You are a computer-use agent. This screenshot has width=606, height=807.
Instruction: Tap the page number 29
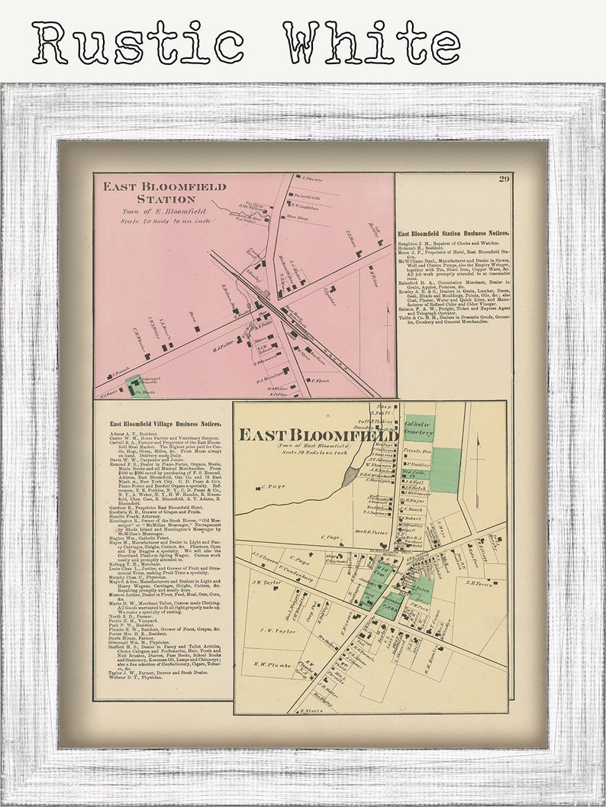pyautogui.click(x=504, y=179)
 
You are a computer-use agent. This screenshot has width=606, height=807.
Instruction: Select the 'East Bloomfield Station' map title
pyautogui.click(x=165, y=192)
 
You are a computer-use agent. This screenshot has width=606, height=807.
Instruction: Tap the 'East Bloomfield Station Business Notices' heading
pyautogui.click(x=453, y=233)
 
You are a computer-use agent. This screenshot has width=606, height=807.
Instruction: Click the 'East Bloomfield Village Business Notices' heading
pyautogui.click(x=165, y=423)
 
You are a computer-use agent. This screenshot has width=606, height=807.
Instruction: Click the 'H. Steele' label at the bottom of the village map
pyautogui.click(x=312, y=710)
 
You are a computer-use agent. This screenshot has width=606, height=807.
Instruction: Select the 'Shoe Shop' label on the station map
pyautogui.click(x=290, y=218)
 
